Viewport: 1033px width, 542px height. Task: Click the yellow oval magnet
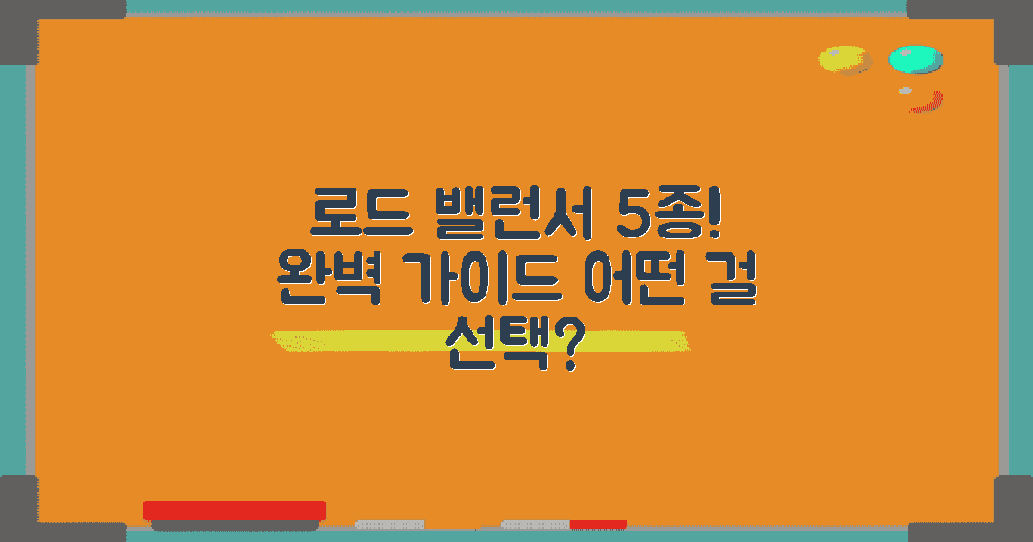844,59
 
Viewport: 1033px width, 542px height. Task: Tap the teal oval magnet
915,59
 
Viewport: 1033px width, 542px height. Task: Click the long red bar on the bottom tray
234,510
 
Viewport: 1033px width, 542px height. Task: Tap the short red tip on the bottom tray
597,524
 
